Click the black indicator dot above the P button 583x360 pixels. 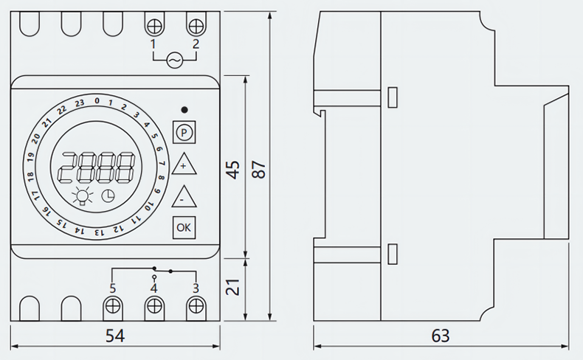(x=184, y=110)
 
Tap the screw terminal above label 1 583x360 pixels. (x=156, y=26)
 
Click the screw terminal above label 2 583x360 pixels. (x=196, y=26)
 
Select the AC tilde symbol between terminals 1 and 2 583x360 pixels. (x=176, y=59)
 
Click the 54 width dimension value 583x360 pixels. (x=114, y=336)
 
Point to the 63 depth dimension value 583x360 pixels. (x=441, y=336)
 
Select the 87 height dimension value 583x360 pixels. (x=258, y=168)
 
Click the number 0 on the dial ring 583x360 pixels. (x=97, y=100)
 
